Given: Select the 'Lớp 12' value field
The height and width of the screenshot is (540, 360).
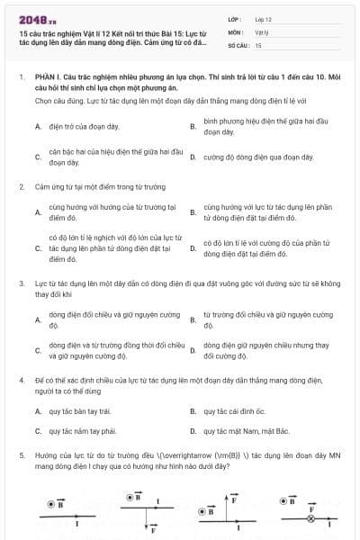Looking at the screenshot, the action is (x=265, y=19).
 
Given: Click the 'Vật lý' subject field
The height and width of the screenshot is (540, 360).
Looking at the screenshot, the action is (x=263, y=31).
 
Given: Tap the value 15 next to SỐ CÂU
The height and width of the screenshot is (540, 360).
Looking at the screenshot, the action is (x=258, y=44).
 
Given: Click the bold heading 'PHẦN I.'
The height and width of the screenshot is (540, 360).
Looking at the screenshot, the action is (x=47, y=78).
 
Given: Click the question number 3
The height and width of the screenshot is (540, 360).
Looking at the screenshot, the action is (x=22, y=283).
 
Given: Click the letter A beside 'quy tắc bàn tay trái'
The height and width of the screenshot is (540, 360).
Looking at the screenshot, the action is (x=38, y=411).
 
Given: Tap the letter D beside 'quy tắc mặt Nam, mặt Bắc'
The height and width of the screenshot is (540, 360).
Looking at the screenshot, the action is (x=193, y=431).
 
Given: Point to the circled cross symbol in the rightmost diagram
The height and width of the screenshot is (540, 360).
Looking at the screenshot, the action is (x=311, y=517).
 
